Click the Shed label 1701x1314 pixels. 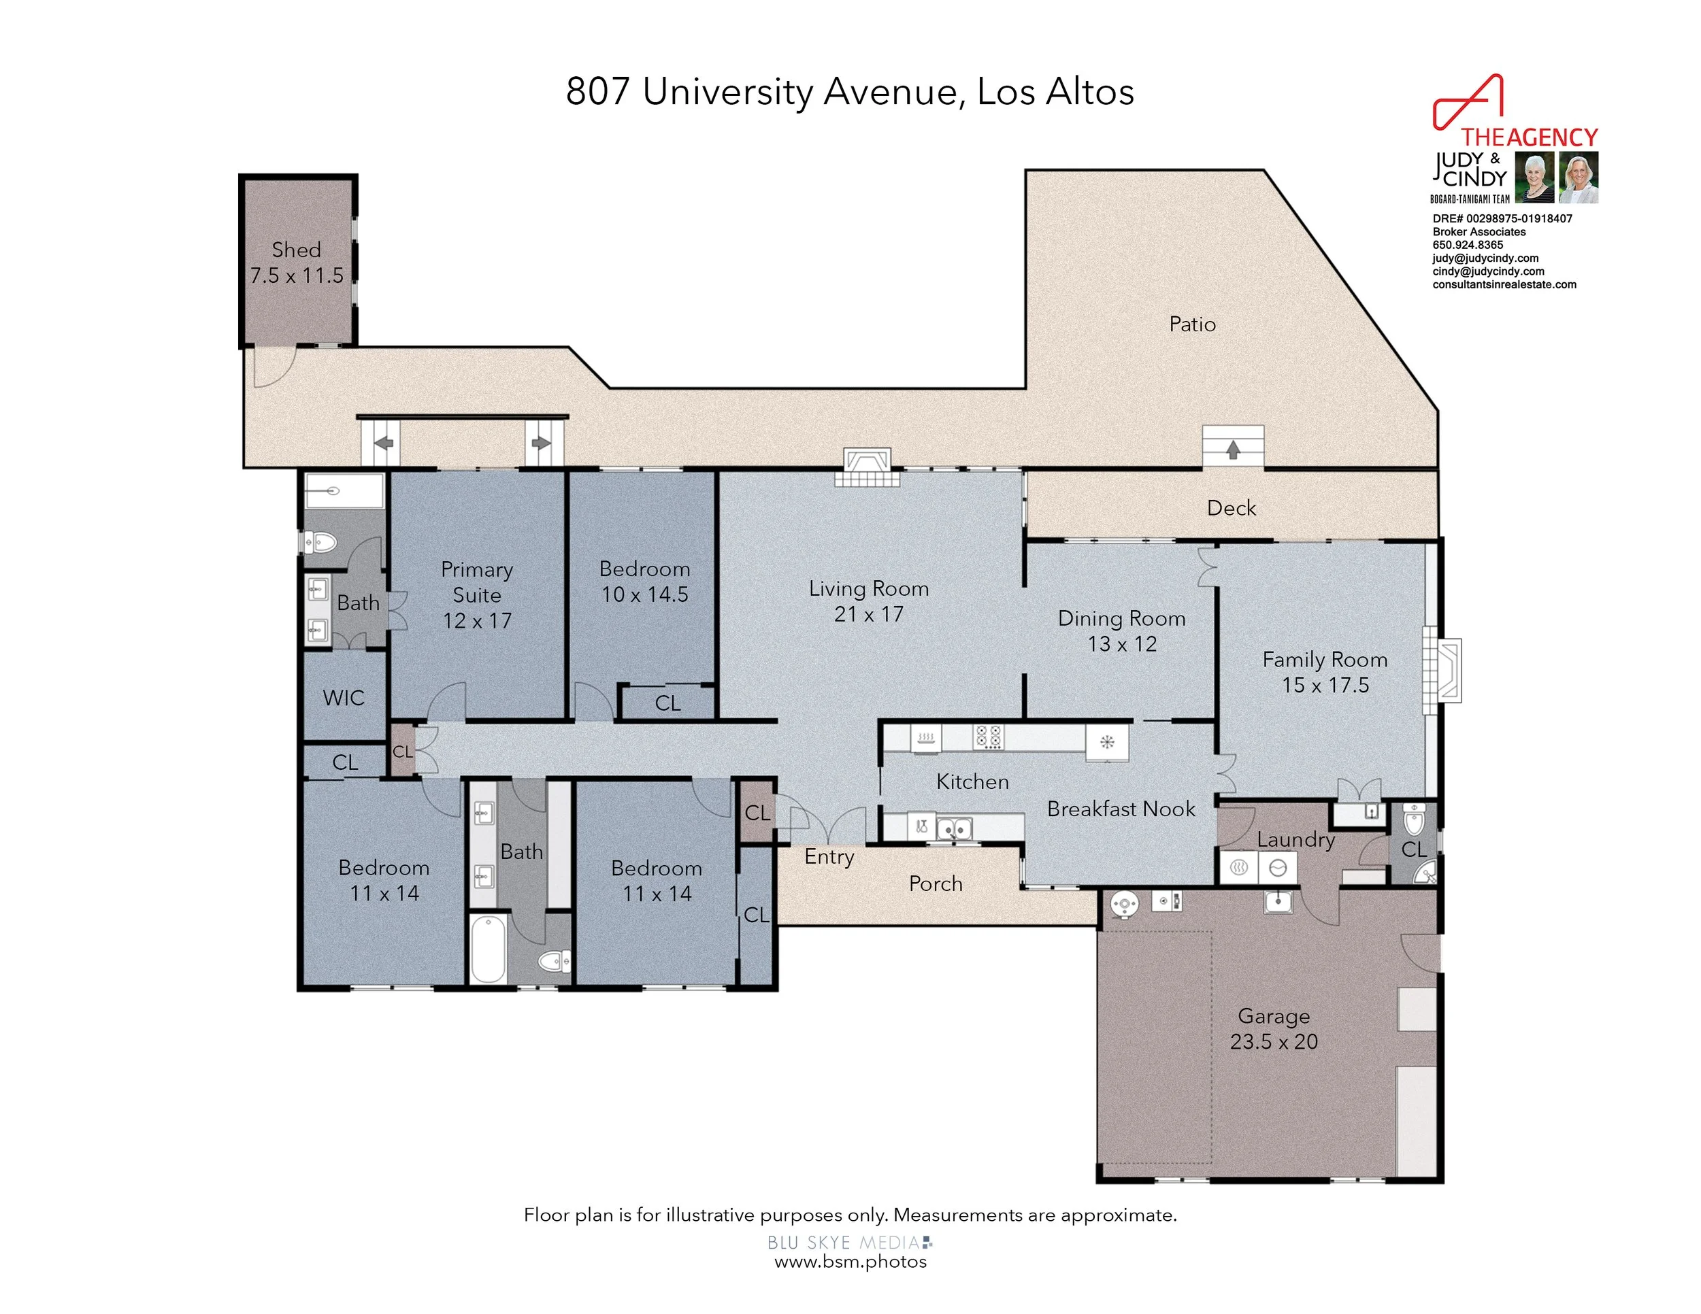pyautogui.click(x=296, y=250)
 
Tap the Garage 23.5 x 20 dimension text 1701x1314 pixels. pyautogui.click(x=1274, y=1041)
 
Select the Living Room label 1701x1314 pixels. pyautogui.click(x=868, y=588)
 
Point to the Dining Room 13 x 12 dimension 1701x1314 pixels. pyautogui.click(x=1121, y=645)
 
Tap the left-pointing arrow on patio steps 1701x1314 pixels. pyautogui.click(x=383, y=443)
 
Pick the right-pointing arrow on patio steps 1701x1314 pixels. pyautogui.click(x=540, y=443)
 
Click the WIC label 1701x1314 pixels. pyautogui.click(x=344, y=698)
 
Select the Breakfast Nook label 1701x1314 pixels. pyautogui.click(x=1121, y=809)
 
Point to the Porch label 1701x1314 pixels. pyautogui.click(x=936, y=884)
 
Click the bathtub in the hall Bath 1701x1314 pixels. pyautogui.click(x=489, y=947)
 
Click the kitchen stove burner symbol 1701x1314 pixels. pyautogui.click(x=989, y=737)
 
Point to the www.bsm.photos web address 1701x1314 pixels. pyautogui.click(x=850, y=1262)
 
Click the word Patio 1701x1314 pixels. pyautogui.click(x=1191, y=324)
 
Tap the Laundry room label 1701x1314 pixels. pyautogui.click(x=1295, y=840)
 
